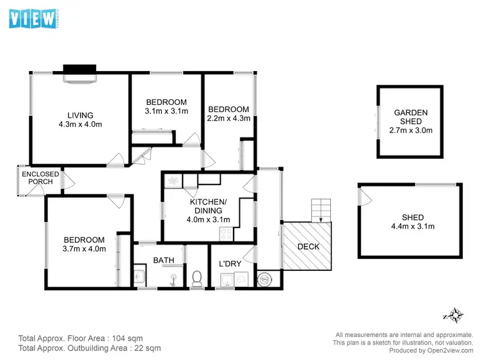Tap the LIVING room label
pos(80,115)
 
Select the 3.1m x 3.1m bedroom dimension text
pos(166,111)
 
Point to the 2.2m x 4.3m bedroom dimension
pos(228,119)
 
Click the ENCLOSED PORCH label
pos(40,178)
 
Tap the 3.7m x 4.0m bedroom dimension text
pos(84,249)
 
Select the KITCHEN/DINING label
pos(206,206)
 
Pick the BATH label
pos(163,260)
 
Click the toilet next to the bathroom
pos(197,277)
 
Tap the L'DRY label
pos(229,264)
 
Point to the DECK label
pos(308,247)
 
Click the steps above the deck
pos(321,209)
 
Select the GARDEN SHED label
pos(410,117)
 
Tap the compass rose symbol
pos(454,315)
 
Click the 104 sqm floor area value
pos(125,338)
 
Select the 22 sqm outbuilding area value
pos(147,348)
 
